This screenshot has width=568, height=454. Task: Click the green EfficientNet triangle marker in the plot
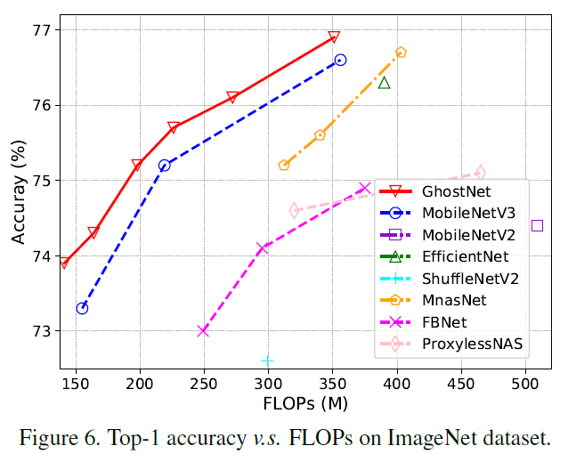pos(385,83)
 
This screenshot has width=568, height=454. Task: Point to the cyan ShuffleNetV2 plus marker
pos(267,361)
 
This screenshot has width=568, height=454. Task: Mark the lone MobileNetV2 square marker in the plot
pos(537,225)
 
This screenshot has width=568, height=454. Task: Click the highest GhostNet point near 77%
pos(334,37)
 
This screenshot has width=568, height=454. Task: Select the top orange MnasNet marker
pos(401,53)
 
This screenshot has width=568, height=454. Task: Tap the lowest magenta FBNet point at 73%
pos(203,330)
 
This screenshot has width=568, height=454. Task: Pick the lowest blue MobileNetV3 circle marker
pos(82,308)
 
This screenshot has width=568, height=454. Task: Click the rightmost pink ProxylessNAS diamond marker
pos(480,173)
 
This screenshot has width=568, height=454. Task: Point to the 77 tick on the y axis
pos(45,30)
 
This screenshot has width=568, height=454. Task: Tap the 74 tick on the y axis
pos(45,256)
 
